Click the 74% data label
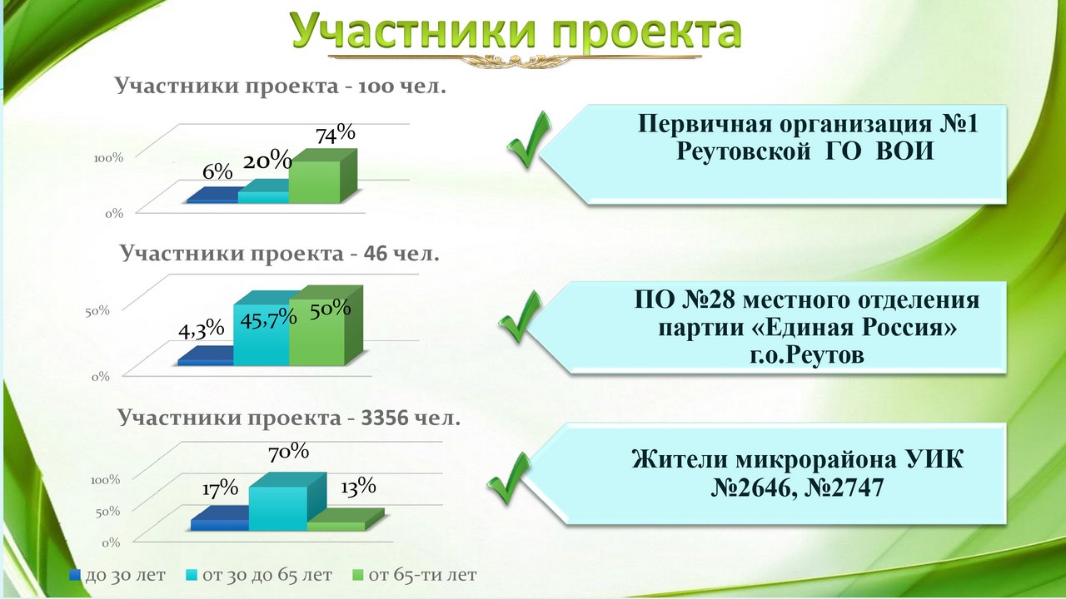pos(336,134)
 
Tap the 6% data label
pos(217,171)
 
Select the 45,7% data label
pos(268,318)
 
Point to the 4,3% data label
pos(202,329)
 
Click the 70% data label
pos(288,452)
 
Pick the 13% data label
pos(358,487)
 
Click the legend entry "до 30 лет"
pos(117,575)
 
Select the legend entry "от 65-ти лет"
pos(414,575)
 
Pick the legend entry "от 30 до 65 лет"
pos(258,575)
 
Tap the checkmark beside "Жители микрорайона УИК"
pos(508,478)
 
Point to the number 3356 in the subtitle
pos(385,418)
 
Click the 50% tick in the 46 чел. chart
pos(97,311)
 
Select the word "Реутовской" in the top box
pos(744,152)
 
